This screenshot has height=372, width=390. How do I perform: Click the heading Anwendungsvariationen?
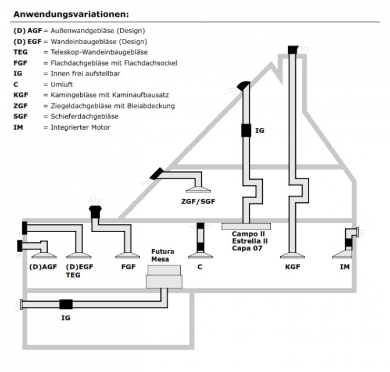[71, 13]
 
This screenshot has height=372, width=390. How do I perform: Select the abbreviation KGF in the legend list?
[20, 95]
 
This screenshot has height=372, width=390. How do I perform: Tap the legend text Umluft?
[58, 84]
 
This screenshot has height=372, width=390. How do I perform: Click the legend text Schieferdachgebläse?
[80, 116]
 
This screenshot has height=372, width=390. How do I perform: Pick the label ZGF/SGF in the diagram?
[198, 202]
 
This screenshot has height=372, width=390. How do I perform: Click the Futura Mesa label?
[163, 255]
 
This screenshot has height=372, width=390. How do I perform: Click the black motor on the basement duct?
[66, 304]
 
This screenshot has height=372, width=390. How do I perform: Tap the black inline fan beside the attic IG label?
[246, 130]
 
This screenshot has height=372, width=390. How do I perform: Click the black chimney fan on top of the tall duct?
[292, 49]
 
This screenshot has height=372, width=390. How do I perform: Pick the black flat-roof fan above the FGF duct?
[95, 210]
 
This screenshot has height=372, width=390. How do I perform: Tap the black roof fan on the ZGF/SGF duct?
[156, 173]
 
